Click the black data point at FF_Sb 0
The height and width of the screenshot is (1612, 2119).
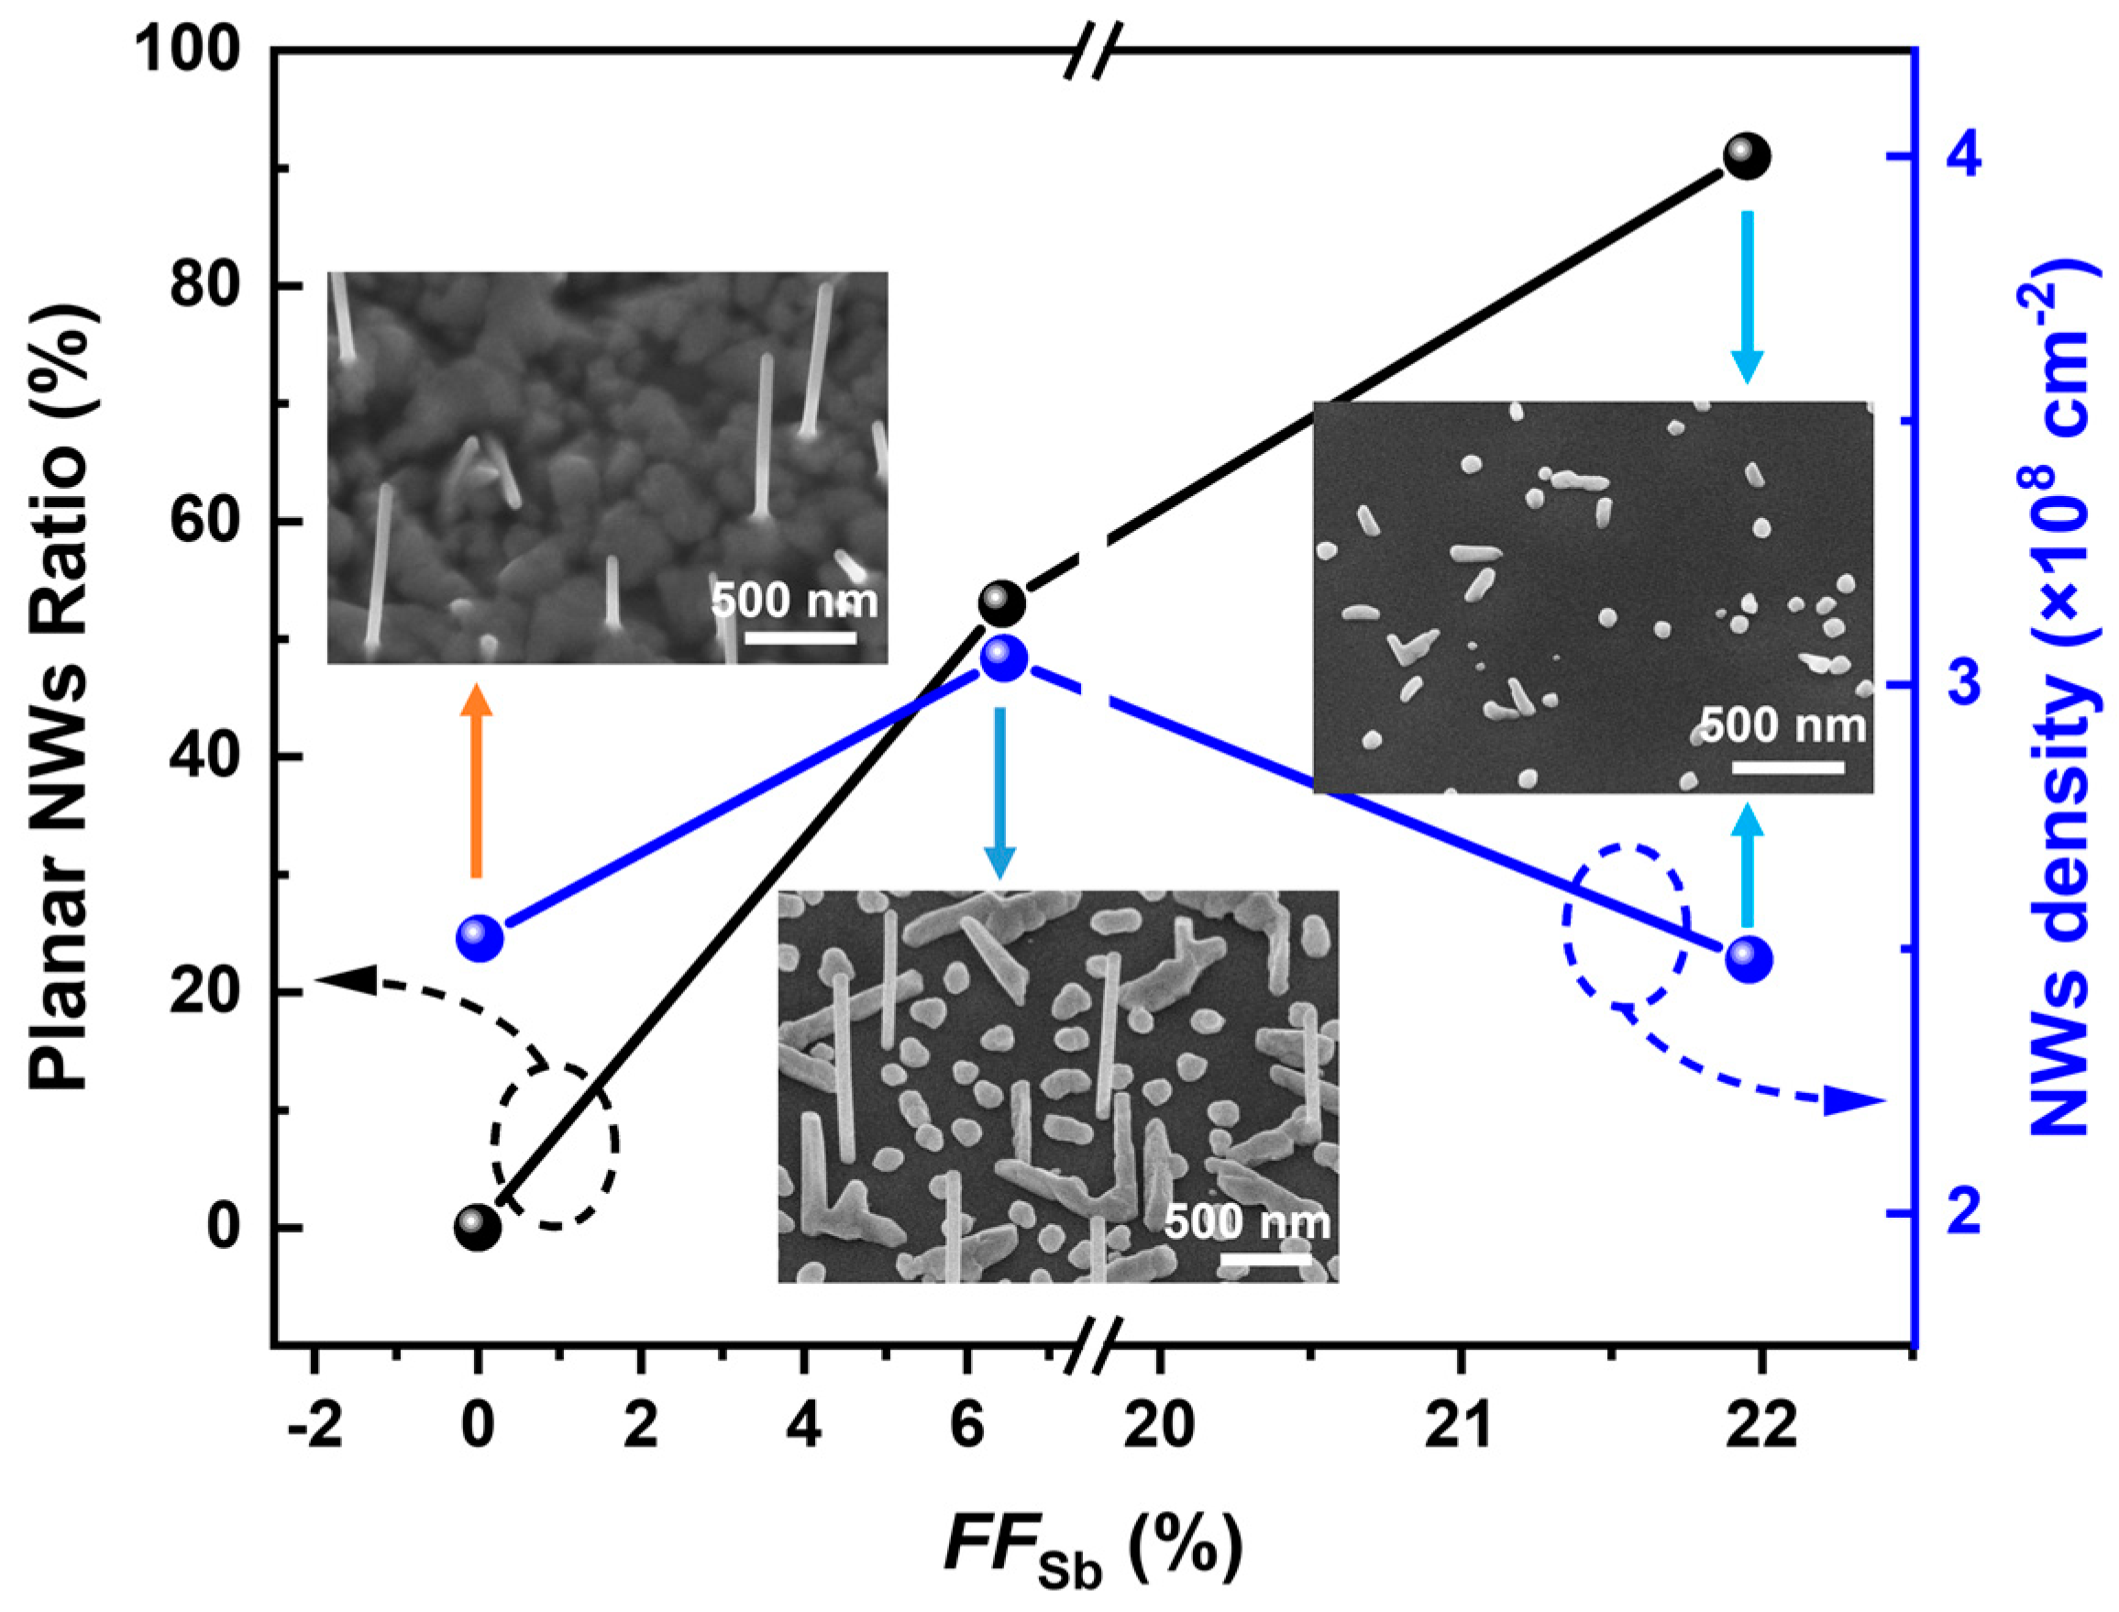coord(478,1227)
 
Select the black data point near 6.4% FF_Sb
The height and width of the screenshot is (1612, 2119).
coord(1001,602)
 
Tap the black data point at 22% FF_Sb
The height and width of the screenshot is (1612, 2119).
coord(1747,156)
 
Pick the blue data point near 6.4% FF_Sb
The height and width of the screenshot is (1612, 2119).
coord(1003,658)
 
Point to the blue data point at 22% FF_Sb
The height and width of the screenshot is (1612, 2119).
coord(1749,958)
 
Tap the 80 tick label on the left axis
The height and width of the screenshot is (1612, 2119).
coord(204,285)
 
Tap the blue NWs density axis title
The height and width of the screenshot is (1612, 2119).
coord(2062,710)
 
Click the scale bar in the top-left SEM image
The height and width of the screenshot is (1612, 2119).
coord(800,636)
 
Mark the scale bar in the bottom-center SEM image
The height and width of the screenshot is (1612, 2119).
coord(1264,1259)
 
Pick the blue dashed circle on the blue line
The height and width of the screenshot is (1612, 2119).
coord(1625,925)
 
